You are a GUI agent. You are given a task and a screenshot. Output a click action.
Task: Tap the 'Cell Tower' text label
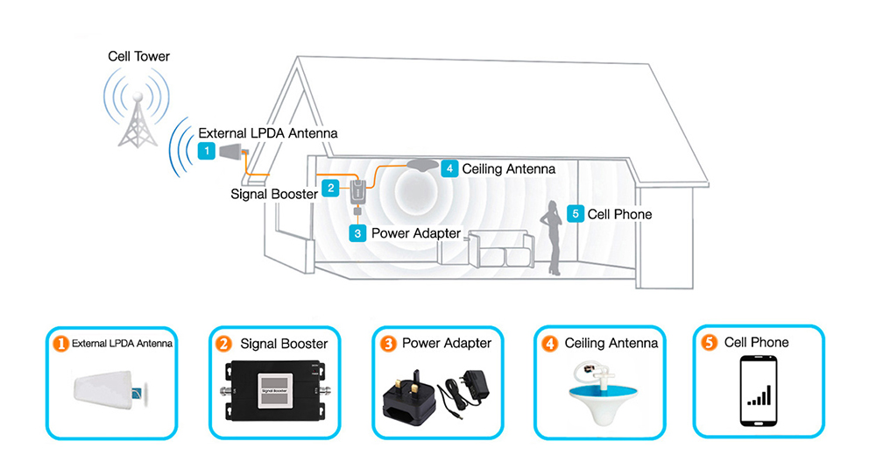tap(138, 57)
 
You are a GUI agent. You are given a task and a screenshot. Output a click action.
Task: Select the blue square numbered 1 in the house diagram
tap(206, 151)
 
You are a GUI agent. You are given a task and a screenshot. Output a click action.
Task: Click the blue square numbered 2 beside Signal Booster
tap(329, 188)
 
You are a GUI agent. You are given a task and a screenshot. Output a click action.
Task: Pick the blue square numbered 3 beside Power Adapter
tap(357, 233)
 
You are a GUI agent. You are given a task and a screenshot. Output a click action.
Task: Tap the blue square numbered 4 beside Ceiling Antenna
tap(449, 167)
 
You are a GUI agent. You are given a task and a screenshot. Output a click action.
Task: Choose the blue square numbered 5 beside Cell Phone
tap(575, 213)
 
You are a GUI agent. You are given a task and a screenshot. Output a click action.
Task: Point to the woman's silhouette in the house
tap(553, 237)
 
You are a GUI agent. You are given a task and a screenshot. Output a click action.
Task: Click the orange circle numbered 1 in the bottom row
tap(60, 344)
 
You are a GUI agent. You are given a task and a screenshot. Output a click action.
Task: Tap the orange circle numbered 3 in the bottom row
tap(388, 344)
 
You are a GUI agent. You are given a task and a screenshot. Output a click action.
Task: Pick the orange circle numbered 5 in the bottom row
tap(710, 343)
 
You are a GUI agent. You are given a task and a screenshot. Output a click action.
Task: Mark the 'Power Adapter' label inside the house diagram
tap(415, 233)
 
